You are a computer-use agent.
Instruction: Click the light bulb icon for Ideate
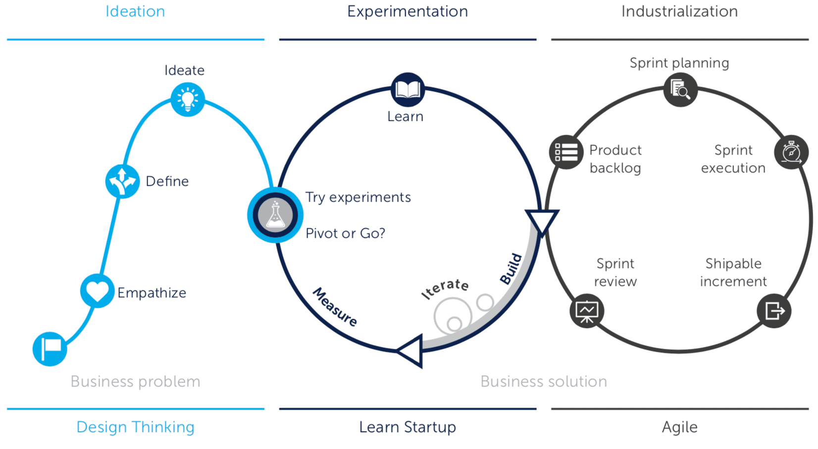(x=188, y=100)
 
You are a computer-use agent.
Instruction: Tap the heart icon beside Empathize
(x=97, y=291)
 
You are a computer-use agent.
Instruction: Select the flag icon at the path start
(x=50, y=349)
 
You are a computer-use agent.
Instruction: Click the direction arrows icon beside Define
(x=122, y=181)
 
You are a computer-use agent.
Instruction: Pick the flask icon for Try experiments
(x=275, y=215)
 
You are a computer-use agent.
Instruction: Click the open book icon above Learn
(x=408, y=90)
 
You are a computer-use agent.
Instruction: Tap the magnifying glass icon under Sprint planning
(x=680, y=90)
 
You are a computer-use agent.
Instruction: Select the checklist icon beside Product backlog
(x=566, y=152)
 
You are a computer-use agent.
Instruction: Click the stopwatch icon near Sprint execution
(x=791, y=152)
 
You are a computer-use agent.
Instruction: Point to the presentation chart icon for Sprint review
(x=587, y=311)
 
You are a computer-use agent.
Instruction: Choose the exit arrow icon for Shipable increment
(x=774, y=311)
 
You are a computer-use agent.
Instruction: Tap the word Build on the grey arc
(x=511, y=269)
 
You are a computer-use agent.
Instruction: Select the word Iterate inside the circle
(x=445, y=289)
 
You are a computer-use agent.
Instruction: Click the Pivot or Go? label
(x=345, y=233)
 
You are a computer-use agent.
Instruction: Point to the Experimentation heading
(x=408, y=11)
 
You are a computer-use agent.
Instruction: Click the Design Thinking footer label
(x=136, y=427)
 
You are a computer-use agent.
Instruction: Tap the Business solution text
(x=544, y=382)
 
